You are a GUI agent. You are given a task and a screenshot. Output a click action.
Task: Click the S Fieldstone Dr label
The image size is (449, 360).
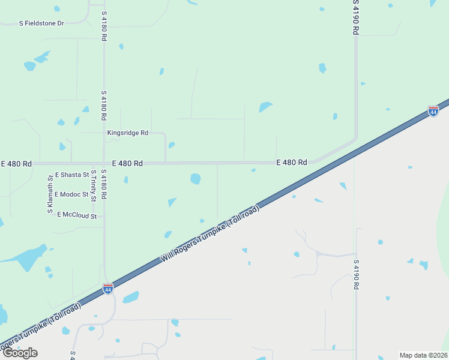(x=41, y=23)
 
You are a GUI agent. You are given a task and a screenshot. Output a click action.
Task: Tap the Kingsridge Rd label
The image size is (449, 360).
(x=127, y=133)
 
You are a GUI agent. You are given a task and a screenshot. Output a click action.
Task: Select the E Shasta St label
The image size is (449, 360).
(x=71, y=175)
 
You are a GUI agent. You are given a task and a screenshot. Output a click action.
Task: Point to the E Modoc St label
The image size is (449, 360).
(x=71, y=194)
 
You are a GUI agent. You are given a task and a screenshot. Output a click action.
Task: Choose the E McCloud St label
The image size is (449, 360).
(x=77, y=215)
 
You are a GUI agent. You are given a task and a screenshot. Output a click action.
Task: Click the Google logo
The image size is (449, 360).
(x=20, y=353)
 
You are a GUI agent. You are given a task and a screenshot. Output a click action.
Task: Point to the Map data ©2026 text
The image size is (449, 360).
(x=423, y=355)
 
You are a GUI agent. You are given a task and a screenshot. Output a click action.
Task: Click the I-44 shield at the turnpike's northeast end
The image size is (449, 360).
(x=433, y=111)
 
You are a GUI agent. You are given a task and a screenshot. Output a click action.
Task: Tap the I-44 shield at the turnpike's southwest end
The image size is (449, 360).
(x=108, y=289)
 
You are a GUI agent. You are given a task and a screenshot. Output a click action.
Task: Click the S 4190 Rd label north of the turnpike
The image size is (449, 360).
(x=355, y=17)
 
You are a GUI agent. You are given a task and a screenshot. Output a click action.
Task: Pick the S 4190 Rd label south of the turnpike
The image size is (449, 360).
(x=355, y=274)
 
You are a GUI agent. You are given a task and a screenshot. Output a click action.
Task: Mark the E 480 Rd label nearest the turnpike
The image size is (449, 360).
(x=292, y=162)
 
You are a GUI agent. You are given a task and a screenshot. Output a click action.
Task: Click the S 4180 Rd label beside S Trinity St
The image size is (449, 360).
(x=104, y=184)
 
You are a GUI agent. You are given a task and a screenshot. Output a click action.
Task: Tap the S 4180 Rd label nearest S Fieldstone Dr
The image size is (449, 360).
(x=104, y=26)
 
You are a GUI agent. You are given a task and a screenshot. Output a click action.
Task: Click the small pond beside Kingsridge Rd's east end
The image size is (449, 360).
(x=172, y=145)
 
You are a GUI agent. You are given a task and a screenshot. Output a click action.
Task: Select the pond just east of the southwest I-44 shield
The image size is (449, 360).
(x=131, y=297)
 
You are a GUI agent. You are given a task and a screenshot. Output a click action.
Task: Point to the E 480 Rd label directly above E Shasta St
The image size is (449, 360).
(x=128, y=163)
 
